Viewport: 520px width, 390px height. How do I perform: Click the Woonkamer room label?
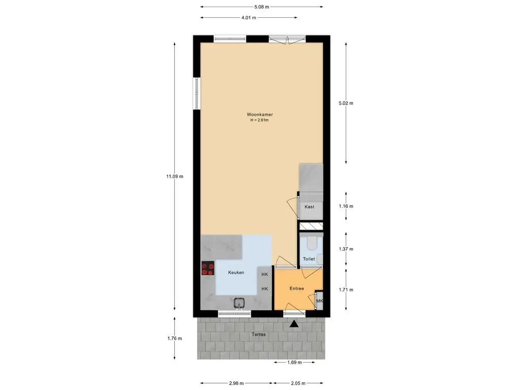[259, 114]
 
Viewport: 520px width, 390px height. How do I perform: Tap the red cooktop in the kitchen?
[208, 268]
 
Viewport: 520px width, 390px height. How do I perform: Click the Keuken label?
[236, 273]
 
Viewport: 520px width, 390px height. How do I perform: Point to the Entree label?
[297, 288]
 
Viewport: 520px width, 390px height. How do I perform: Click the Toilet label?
[309, 258]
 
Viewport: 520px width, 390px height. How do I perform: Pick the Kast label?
[309, 207]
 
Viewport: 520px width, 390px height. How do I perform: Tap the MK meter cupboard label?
[320, 301]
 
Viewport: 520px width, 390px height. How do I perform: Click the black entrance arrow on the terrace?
[294, 324]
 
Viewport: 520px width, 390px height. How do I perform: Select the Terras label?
[258, 334]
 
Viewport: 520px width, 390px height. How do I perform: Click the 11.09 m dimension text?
[175, 176]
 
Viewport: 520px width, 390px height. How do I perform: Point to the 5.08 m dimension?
[262, 7]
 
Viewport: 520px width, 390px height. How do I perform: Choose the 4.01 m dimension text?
[249, 18]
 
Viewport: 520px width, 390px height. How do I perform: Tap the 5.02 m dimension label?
[346, 103]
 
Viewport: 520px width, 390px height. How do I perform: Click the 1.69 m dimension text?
[295, 363]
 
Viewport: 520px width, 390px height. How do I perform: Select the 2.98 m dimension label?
[237, 383]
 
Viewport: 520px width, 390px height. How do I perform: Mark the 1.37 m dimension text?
[346, 249]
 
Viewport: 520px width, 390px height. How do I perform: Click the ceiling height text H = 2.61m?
[259, 120]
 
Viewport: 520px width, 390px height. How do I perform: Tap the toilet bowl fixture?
[311, 243]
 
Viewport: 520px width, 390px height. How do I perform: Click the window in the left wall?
[197, 93]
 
